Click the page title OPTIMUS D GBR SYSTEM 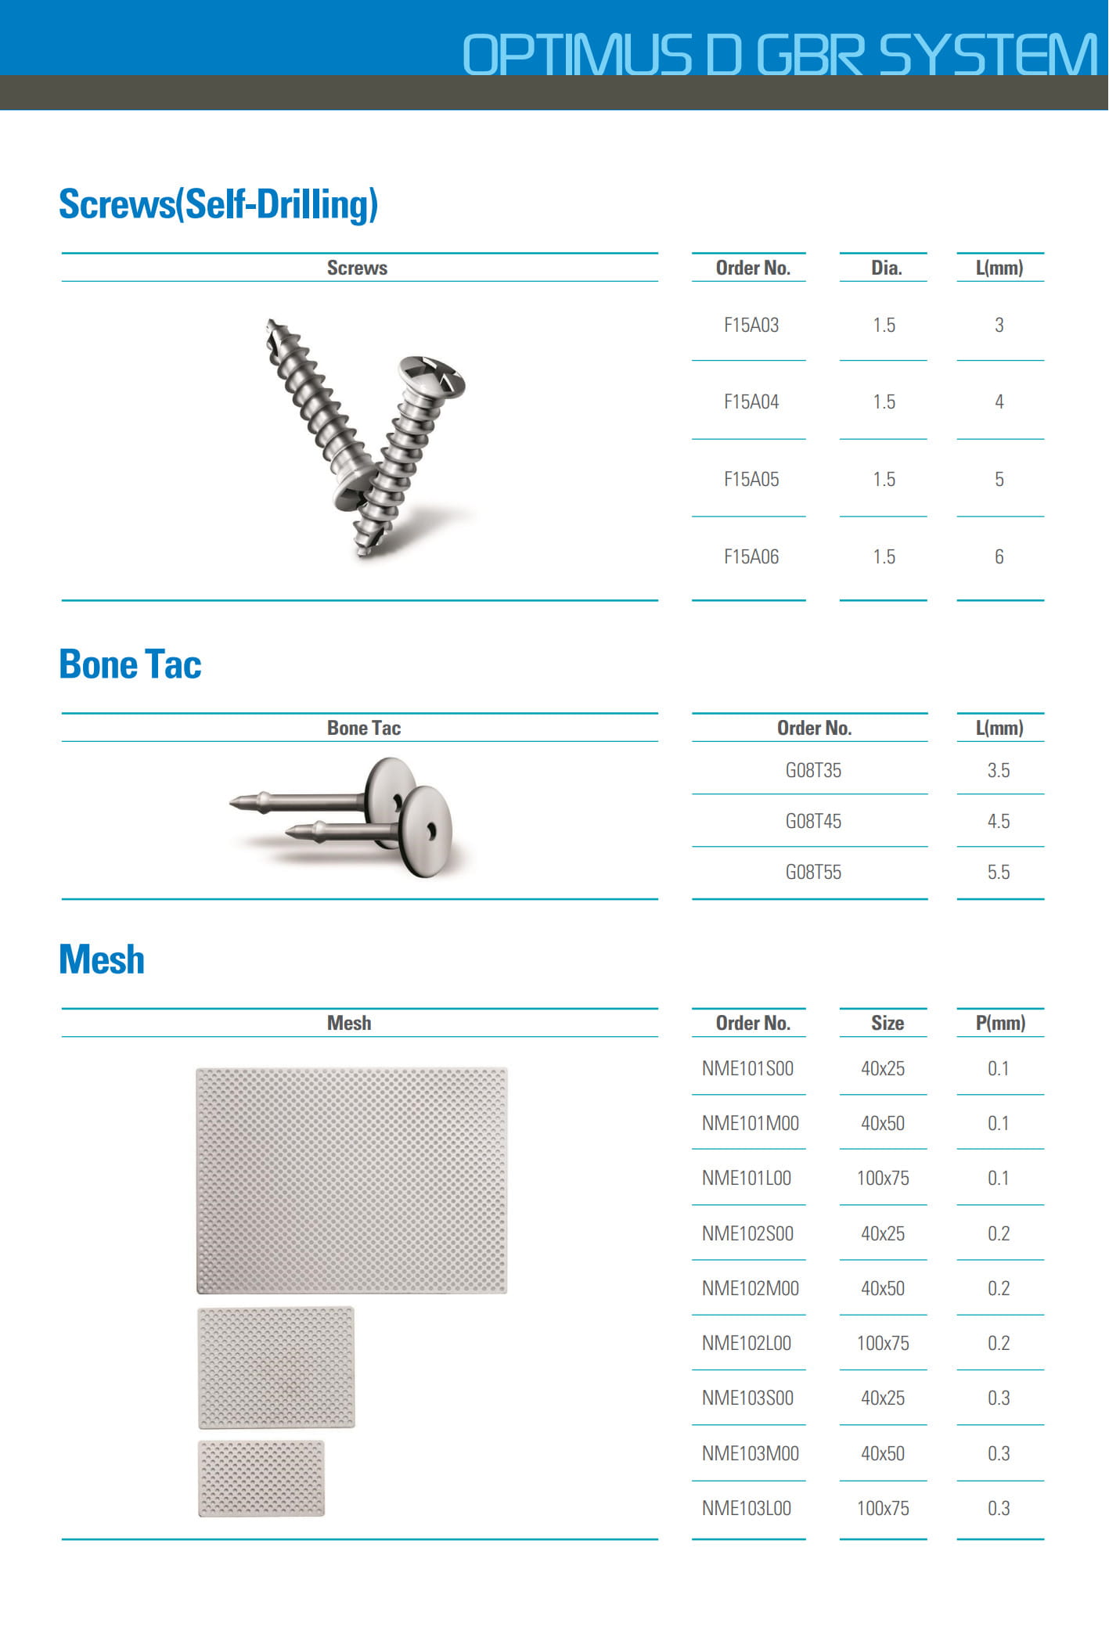[x=780, y=55]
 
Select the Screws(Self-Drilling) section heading [x=218, y=204]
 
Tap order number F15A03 [x=751, y=326]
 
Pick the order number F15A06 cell [x=751, y=557]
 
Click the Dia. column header [x=886, y=268]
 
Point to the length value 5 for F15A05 [x=999, y=480]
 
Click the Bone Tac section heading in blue [x=130, y=664]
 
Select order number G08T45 [x=813, y=822]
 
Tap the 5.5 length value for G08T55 [x=998, y=873]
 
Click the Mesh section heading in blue [x=102, y=959]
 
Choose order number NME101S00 [x=747, y=1069]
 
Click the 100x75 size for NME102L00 [x=883, y=1344]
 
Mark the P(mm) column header [x=999, y=1024]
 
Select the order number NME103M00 [x=750, y=1454]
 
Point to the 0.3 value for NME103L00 [x=998, y=1509]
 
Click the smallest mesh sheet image [x=261, y=1478]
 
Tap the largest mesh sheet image [x=351, y=1180]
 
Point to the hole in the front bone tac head [x=430, y=830]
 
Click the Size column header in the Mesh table [x=887, y=1024]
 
